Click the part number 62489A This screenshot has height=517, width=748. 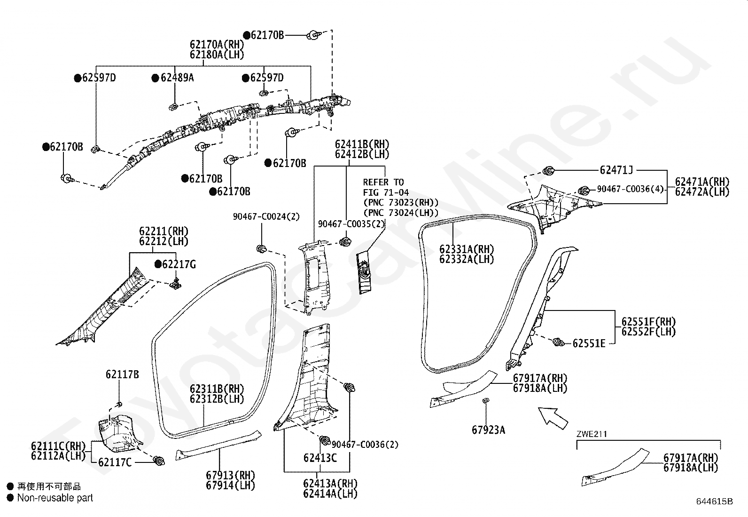177,78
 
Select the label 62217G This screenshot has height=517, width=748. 179,264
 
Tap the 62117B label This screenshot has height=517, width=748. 122,374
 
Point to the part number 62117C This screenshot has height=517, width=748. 115,462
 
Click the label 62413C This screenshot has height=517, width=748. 320,458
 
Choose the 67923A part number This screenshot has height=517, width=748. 488,430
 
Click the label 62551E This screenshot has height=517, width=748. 589,343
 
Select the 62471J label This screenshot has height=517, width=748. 616,170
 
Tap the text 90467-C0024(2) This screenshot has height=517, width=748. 266,217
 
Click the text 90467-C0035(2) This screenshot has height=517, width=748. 351,224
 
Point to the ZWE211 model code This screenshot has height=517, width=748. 592,434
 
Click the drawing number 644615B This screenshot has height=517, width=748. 714,501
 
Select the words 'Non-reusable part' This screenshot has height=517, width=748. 55,498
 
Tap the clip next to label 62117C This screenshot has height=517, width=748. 159,461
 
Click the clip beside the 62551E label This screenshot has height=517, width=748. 558,342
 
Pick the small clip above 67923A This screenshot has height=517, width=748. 486,400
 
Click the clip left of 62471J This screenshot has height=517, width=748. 548,171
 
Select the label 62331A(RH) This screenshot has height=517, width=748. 467,249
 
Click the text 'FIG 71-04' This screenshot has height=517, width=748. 386,192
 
